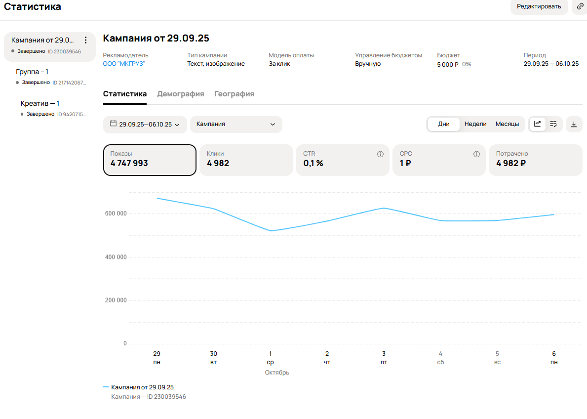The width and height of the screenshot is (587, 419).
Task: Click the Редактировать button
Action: (x=539, y=6)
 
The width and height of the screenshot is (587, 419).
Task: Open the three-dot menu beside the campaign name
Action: (x=86, y=40)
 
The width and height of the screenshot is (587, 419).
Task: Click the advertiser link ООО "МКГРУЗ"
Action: (x=124, y=64)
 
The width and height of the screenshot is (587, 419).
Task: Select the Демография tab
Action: (x=180, y=94)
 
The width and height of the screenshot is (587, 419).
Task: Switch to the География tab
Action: (x=234, y=94)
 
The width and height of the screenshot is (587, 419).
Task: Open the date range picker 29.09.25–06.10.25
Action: (x=145, y=124)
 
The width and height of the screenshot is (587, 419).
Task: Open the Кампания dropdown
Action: (x=236, y=124)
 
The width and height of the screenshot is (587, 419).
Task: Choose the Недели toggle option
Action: (x=475, y=124)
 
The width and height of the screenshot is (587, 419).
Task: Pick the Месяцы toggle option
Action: (x=507, y=124)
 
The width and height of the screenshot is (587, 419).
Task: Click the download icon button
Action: (x=574, y=124)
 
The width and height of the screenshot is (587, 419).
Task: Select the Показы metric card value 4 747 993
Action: (x=129, y=163)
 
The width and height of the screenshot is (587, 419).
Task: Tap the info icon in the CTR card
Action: (x=380, y=154)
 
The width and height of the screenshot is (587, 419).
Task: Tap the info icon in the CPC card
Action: (x=476, y=154)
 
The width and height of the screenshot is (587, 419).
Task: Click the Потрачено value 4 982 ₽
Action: (x=511, y=163)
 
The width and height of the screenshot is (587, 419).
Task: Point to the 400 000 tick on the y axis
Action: (x=116, y=257)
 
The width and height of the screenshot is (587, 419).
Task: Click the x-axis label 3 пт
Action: (x=384, y=358)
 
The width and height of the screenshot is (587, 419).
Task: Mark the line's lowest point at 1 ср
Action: (x=271, y=230)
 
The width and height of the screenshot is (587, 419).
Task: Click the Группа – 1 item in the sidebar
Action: (x=32, y=72)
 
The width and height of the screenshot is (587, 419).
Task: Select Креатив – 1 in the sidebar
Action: (x=39, y=103)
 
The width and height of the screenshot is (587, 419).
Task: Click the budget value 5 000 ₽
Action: (x=448, y=64)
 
